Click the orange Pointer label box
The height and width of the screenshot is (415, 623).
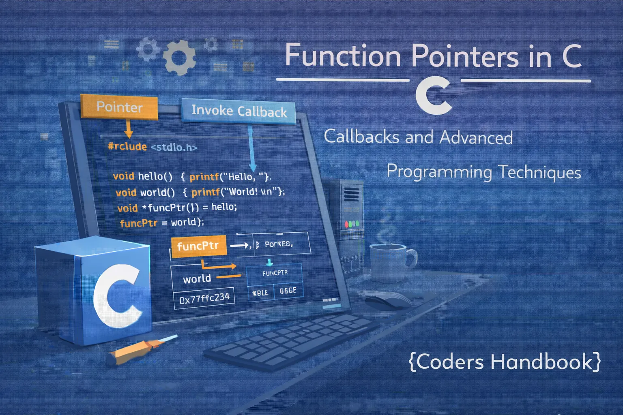point(119,107)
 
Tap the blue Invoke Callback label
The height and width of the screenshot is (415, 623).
point(238,111)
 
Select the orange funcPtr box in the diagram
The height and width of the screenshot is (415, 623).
point(198,246)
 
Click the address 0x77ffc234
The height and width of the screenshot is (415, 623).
point(204,298)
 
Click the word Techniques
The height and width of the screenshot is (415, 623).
point(539,172)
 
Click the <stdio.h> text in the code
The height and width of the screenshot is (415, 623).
point(174,147)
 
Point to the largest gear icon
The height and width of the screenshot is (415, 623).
point(179,57)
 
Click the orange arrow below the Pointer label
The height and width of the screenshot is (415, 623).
point(128,129)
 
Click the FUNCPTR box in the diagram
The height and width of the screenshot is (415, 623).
point(275,273)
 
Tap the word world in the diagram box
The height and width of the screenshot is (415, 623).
point(197,279)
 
